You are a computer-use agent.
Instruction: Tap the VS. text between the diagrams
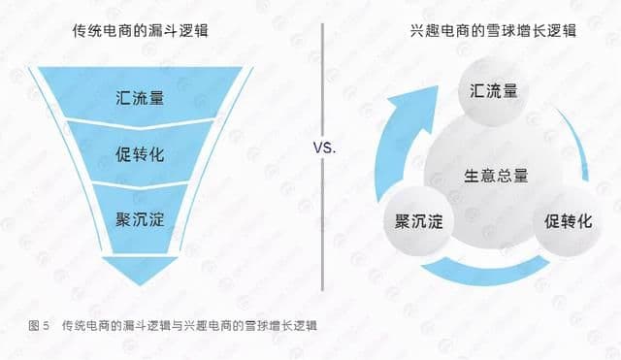(324, 149)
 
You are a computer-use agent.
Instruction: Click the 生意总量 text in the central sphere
(493, 176)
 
